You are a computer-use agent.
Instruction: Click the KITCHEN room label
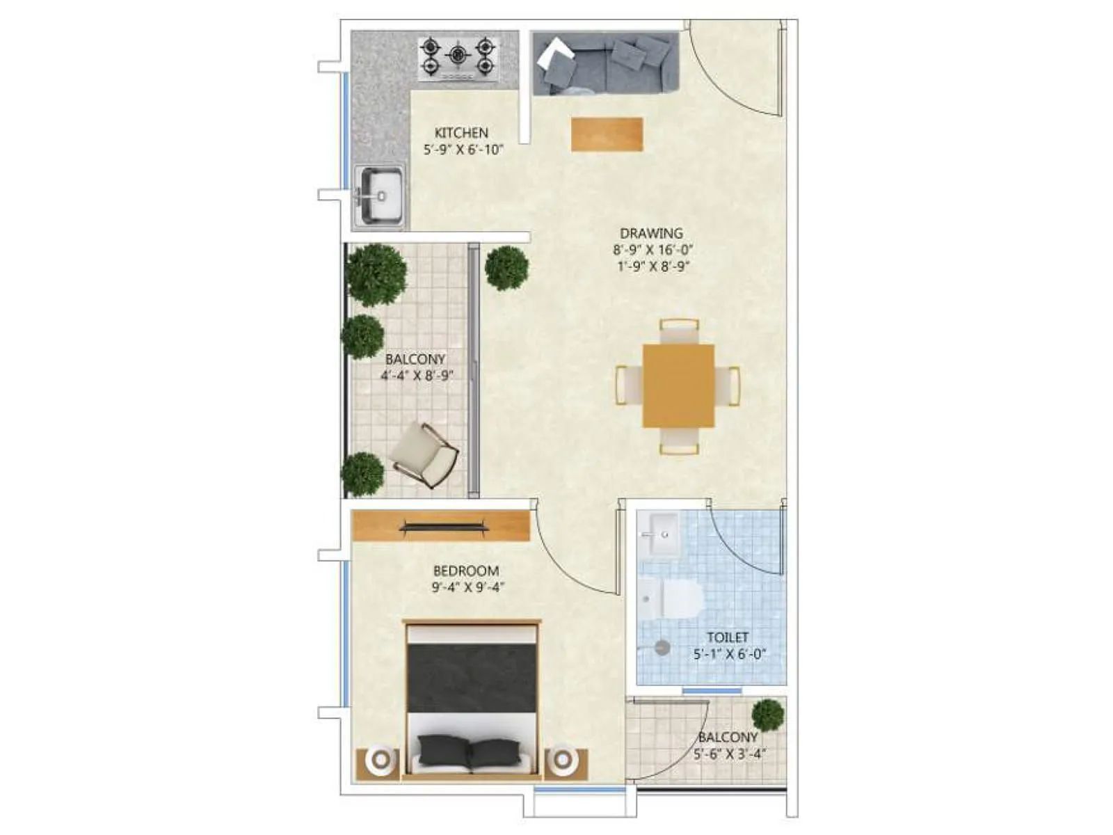point(461,132)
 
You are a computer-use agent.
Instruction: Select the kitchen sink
point(380,196)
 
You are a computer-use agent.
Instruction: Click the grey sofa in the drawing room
point(605,64)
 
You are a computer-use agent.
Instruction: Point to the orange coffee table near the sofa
point(607,134)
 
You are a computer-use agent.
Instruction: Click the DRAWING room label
point(651,233)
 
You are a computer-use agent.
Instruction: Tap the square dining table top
point(678,385)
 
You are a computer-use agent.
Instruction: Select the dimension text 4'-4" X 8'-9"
point(417,376)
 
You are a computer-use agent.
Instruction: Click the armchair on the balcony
point(425,454)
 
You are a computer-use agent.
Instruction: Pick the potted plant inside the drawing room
point(506,268)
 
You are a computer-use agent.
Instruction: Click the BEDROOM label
point(466,571)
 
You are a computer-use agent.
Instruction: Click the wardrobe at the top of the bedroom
point(441,526)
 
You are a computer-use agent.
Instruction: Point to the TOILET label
point(728,637)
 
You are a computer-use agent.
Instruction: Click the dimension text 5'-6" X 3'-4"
point(730,754)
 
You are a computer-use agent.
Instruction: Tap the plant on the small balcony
point(767,715)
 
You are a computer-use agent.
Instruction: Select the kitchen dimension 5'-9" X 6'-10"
point(463,149)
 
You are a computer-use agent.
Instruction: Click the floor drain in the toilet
point(662,647)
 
